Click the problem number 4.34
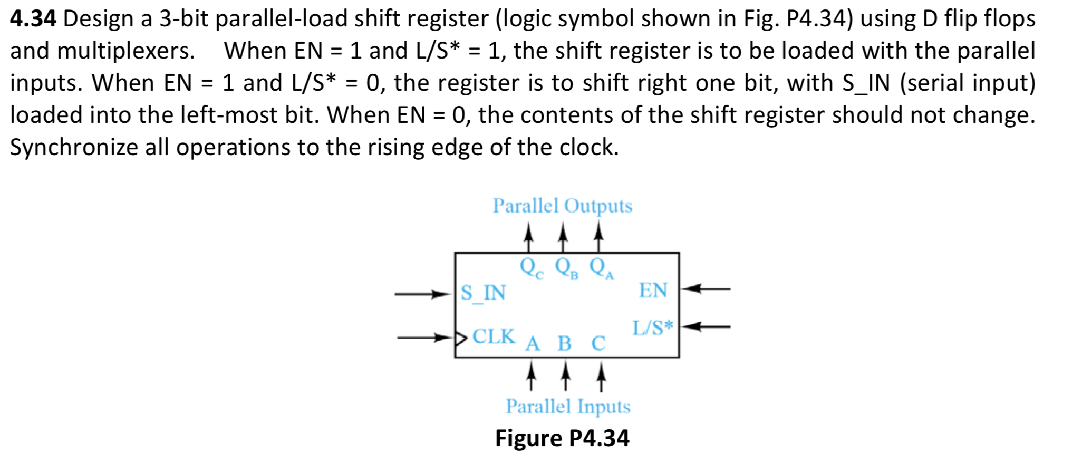pyautogui.click(x=33, y=20)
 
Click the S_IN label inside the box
pyautogui.click(x=483, y=293)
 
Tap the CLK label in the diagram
pyautogui.click(x=494, y=336)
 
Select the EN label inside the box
pyautogui.click(x=653, y=291)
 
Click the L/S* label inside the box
pyautogui.click(x=653, y=328)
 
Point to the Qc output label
pyautogui.click(x=530, y=267)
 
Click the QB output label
pyautogui.click(x=566, y=267)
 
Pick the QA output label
pyautogui.click(x=601, y=267)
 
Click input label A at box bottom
pyautogui.click(x=533, y=344)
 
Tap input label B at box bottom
pyautogui.click(x=564, y=344)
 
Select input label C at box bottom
pyautogui.click(x=598, y=344)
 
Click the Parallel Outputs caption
pyautogui.click(x=562, y=206)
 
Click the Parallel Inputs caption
pyautogui.click(x=568, y=407)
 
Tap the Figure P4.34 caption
pyautogui.click(x=562, y=438)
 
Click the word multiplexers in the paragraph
pyautogui.click(x=125, y=52)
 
